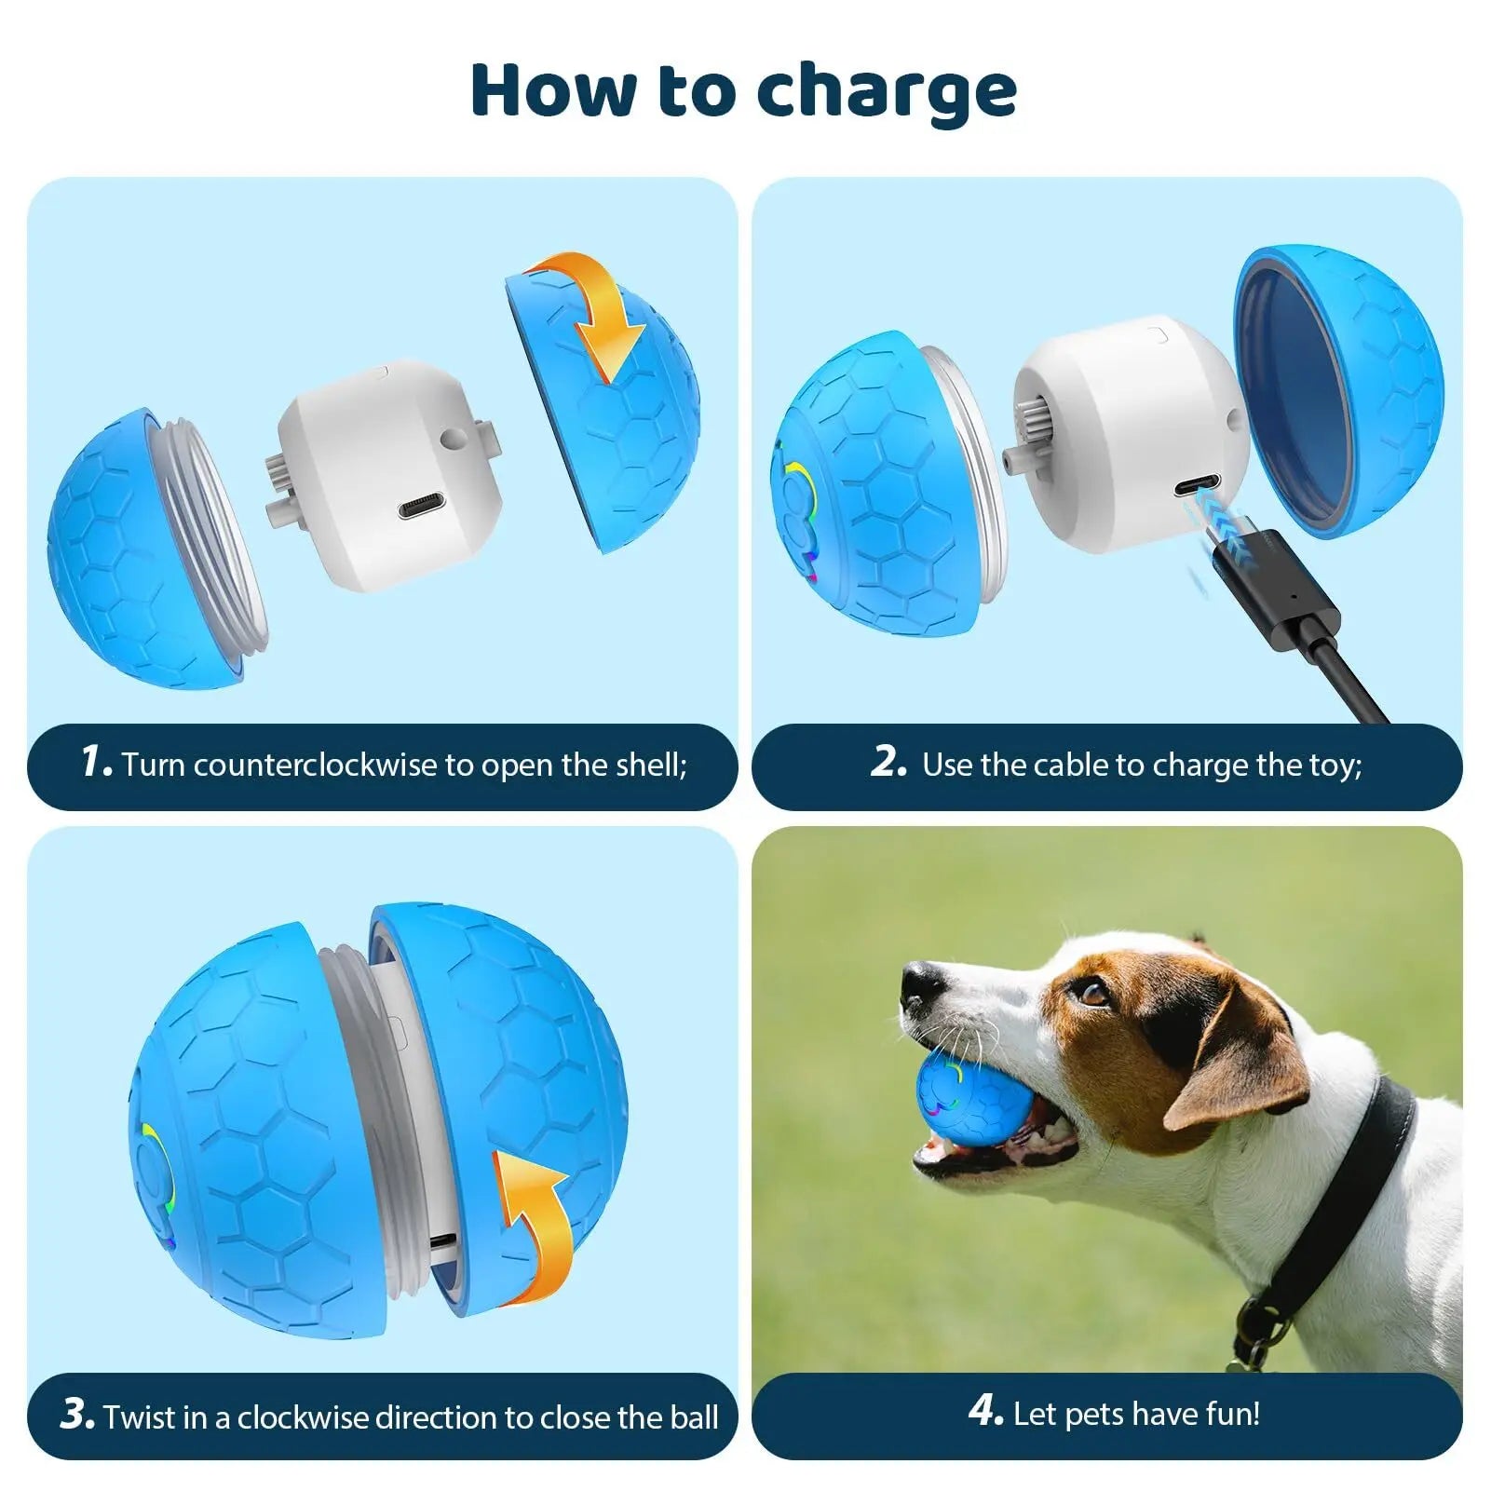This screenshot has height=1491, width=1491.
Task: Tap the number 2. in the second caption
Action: [x=888, y=762]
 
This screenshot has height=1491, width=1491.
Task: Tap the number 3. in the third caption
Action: [x=76, y=1414]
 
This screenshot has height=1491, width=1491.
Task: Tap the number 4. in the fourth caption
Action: [x=985, y=1411]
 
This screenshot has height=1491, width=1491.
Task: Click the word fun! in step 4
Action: [x=1233, y=1414]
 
